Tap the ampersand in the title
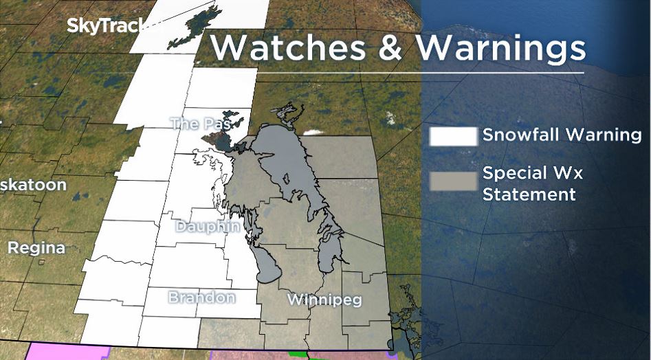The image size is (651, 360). (389, 47)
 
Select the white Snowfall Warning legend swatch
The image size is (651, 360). (453, 135)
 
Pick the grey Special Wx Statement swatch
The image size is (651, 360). (453, 181)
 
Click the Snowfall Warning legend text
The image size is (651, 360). (562, 135)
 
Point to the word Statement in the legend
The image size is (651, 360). (529, 194)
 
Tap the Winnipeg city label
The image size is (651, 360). (324, 300)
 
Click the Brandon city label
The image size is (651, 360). (201, 297)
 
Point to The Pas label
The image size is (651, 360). (199, 124)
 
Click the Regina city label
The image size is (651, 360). (36, 247)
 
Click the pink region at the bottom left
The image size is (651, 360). (62, 351)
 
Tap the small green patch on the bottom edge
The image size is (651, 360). (296, 355)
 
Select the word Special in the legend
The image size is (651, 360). (514, 173)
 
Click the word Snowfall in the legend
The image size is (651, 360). (520, 135)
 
